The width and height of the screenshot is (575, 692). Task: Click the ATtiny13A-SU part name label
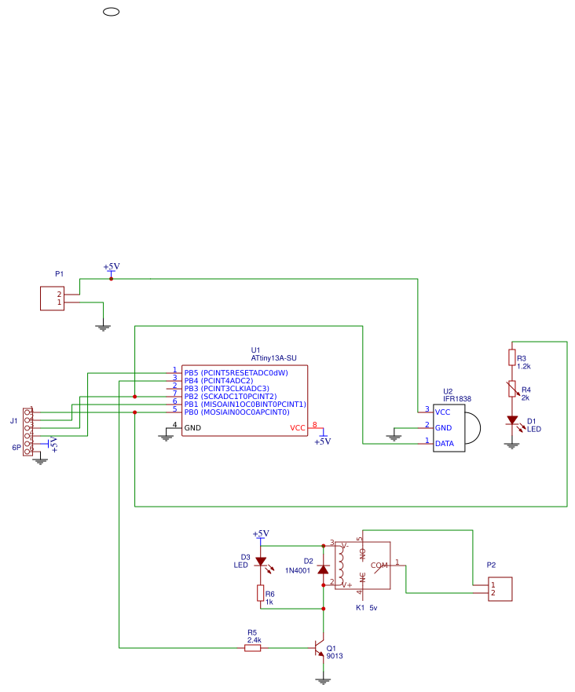coord(273,358)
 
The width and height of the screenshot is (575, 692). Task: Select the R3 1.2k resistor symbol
coord(512,358)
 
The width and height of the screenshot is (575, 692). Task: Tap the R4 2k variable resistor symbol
coord(512,389)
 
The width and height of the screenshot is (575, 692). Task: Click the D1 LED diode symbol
coord(512,420)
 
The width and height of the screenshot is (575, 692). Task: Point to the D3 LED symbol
coord(260,562)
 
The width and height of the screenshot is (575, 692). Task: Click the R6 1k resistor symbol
coord(260,593)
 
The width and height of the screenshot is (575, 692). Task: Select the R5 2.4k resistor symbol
coord(253,647)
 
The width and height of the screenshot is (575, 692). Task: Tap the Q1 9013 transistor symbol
coord(319,648)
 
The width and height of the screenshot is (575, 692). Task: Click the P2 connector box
coord(500,589)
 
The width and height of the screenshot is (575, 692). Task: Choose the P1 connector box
coord(52,298)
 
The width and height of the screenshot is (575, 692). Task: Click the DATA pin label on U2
coord(445,443)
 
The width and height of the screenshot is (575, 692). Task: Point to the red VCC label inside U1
coord(298,428)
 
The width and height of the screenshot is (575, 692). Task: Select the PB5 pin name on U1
coord(191,372)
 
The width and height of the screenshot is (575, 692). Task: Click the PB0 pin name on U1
coord(191,412)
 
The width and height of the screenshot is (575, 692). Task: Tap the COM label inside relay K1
coord(379,565)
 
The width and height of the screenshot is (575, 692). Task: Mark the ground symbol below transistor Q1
coord(322,681)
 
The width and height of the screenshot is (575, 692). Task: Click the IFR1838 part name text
coord(456,399)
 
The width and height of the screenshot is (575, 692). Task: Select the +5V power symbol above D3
coord(260,535)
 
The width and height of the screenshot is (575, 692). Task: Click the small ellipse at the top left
coord(111,12)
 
